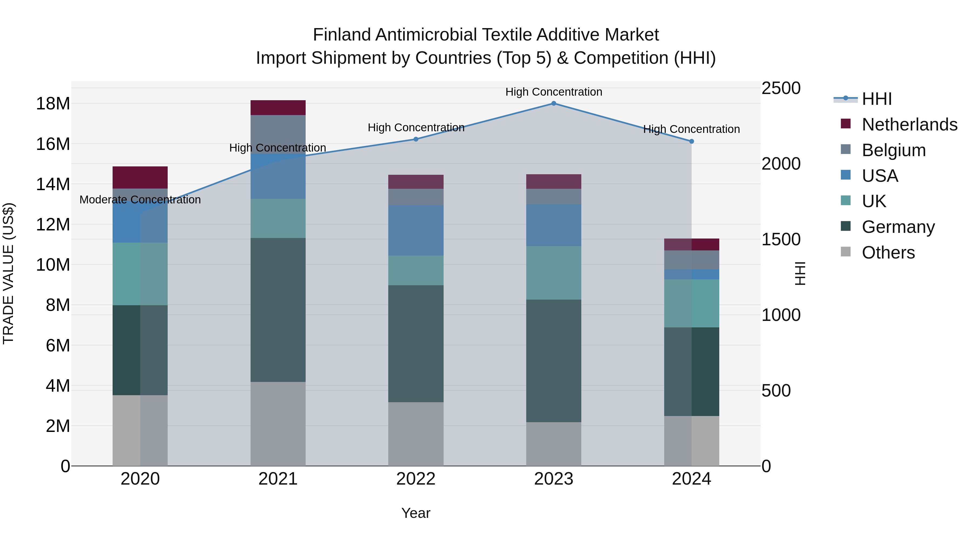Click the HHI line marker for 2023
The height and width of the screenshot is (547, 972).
tap(553, 103)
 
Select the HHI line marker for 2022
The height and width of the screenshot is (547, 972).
tap(416, 139)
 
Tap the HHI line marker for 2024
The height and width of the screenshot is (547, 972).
tap(691, 142)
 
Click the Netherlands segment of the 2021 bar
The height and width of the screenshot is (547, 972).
tap(278, 108)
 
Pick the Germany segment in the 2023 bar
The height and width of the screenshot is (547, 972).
tap(553, 361)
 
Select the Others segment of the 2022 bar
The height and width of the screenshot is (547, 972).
tap(416, 434)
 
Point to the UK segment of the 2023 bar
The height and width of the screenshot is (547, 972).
tap(553, 273)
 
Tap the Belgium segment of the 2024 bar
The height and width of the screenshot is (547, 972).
tap(691, 260)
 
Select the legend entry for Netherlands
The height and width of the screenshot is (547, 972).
tap(909, 125)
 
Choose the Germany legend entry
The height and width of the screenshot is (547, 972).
tap(898, 227)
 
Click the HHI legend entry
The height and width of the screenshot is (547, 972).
tap(876, 99)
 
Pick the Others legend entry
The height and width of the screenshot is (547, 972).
tap(888, 253)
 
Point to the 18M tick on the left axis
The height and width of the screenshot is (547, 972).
tap(53, 104)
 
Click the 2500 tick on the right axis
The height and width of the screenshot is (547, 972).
tap(781, 88)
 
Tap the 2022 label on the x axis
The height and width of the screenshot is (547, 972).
tap(416, 479)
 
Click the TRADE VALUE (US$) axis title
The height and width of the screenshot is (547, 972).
tap(8, 273)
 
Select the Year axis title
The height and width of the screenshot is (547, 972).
tap(416, 513)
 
